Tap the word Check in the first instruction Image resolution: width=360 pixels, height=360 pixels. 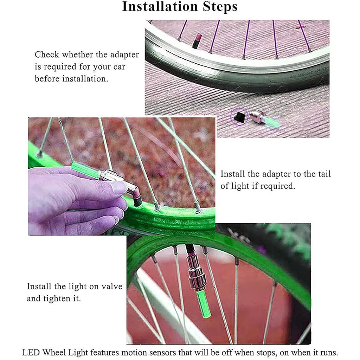47,54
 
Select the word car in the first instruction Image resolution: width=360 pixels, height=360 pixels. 119,67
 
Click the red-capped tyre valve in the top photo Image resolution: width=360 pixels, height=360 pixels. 197,41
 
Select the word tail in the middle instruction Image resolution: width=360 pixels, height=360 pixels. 324,174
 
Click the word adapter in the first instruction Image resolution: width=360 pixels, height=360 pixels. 124,55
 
